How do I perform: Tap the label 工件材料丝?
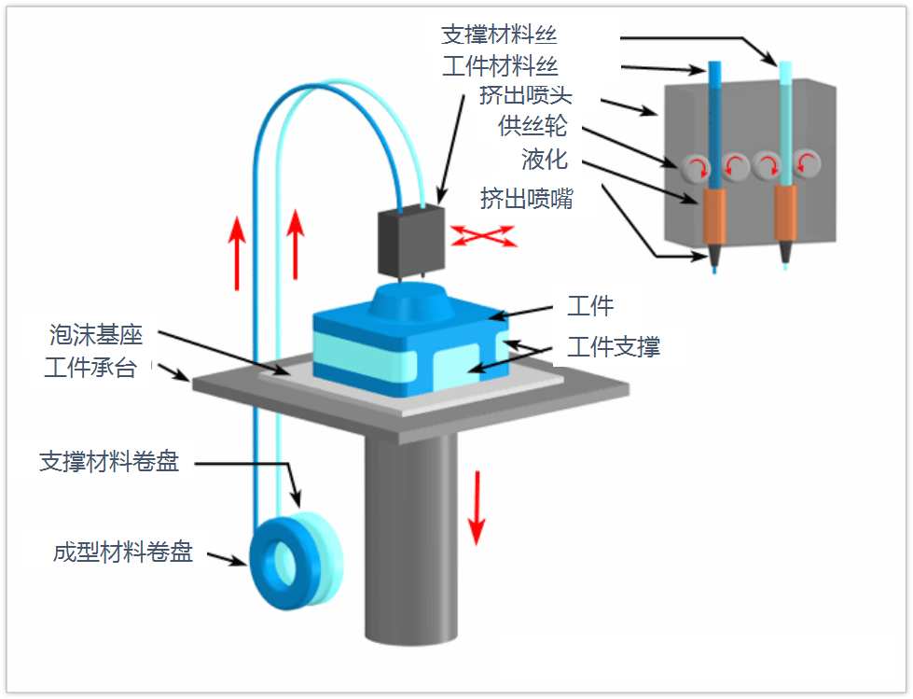499,66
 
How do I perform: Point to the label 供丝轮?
533,128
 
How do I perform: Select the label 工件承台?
90,368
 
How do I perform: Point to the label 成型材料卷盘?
122,552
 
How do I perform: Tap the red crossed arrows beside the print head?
484,235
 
